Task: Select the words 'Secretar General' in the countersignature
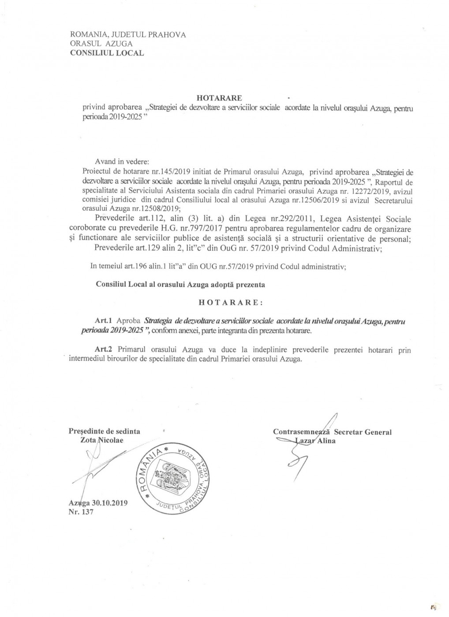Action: click(363, 432)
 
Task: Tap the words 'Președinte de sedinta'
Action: click(105, 431)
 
